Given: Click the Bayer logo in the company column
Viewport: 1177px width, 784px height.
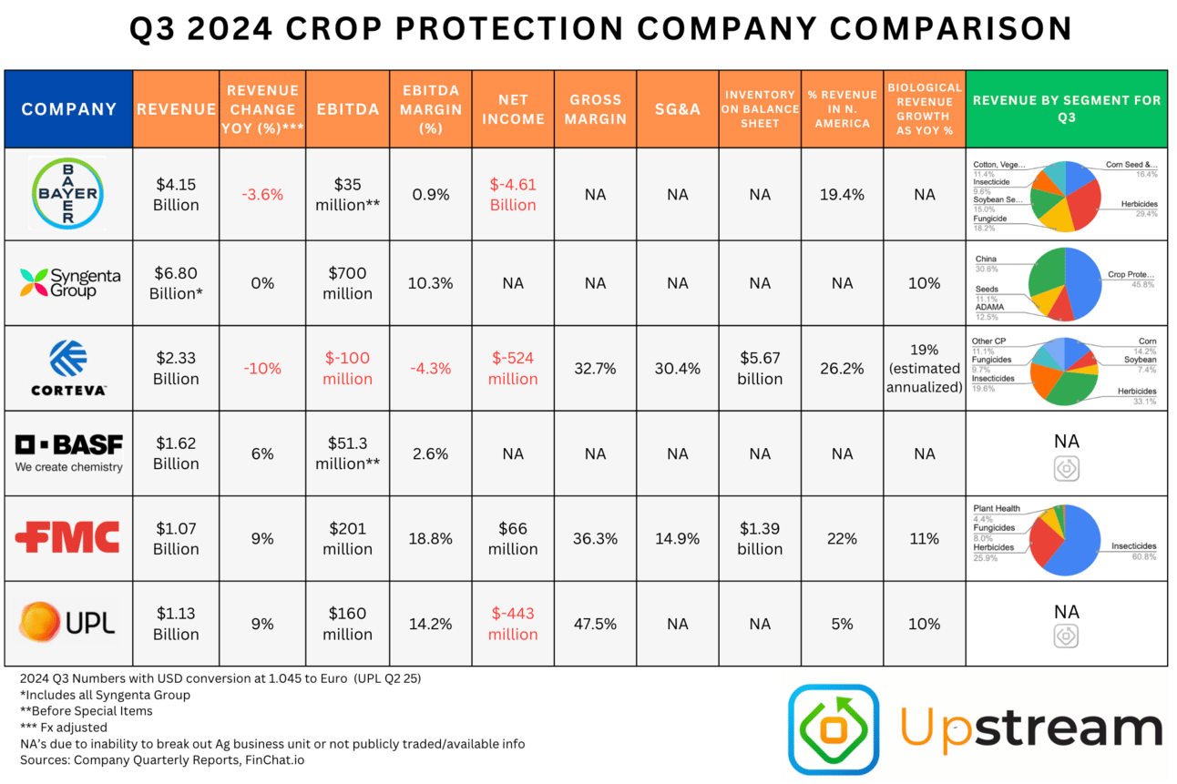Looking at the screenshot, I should click(x=69, y=194).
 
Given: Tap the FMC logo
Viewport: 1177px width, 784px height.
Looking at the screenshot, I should click(x=68, y=537).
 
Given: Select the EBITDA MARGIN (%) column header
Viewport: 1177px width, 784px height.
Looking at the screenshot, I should click(x=430, y=109).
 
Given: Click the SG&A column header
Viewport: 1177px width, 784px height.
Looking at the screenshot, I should click(x=677, y=109).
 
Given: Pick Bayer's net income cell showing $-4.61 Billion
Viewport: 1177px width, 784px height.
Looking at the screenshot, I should click(x=513, y=195).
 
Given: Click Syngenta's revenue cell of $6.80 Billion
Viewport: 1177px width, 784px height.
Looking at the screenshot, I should click(x=176, y=283).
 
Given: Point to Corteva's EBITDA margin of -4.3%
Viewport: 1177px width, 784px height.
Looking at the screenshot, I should click(x=430, y=369).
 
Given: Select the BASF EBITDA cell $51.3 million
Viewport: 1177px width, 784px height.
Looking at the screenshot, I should click(x=347, y=453).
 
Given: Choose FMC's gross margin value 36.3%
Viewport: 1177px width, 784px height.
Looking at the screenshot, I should click(x=595, y=538).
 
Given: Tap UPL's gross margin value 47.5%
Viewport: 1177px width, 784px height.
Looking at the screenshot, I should click(x=595, y=624).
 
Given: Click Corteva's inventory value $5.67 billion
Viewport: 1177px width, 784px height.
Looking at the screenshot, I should click(x=760, y=369).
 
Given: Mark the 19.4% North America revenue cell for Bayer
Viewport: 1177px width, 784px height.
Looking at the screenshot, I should click(x=842, y=195).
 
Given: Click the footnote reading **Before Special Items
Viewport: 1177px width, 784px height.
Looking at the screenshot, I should click(x=86, y=711).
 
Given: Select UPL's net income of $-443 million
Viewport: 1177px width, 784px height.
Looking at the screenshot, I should click(x=513, y=624).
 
